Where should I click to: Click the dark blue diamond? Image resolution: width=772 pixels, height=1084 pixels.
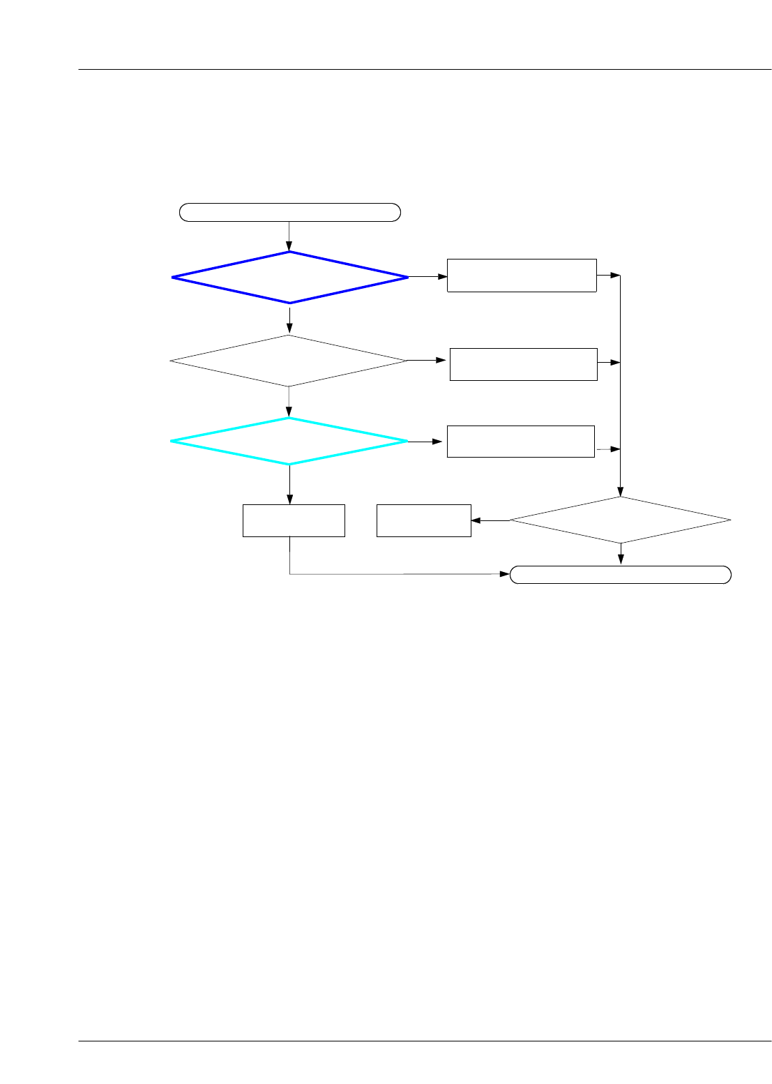pos(289,278)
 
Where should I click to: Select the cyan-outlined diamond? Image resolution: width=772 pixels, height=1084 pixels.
pos(289,441)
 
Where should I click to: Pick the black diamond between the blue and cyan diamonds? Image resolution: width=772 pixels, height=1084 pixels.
pos(289,361)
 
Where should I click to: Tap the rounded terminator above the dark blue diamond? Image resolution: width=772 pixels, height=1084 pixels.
pos(289,212)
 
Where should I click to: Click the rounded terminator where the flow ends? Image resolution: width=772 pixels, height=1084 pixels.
pos(621,575)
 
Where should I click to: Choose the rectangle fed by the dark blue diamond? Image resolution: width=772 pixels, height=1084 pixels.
pos(522,276)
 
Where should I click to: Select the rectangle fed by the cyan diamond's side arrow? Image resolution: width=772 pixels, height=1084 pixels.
pos(520,441)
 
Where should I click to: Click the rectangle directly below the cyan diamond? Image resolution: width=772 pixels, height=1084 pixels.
pos(294,520)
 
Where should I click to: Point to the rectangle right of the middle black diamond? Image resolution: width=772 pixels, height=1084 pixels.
pos(523,364)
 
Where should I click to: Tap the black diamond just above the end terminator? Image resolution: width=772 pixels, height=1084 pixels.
pos(621,520)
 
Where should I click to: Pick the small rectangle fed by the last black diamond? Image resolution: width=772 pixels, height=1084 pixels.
pos(423,520)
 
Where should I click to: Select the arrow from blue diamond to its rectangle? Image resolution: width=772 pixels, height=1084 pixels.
pos(427,277)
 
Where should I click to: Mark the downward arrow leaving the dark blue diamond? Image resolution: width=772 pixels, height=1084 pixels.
pos(289,319)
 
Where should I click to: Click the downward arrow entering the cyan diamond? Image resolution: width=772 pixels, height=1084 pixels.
pos(289,402)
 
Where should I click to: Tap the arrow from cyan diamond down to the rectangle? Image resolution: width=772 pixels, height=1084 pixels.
pos(289,485)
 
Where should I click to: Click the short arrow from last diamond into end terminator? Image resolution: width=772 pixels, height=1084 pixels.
pos(621,555)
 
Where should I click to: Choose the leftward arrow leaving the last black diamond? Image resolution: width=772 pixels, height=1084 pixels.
pos(490,520)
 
